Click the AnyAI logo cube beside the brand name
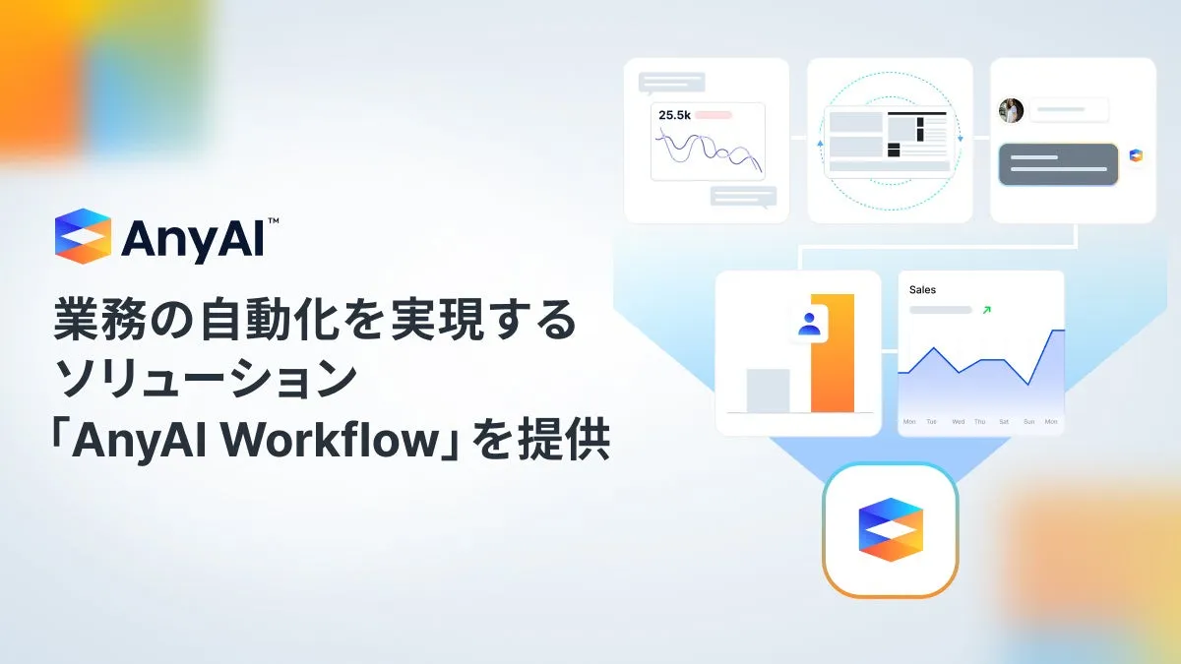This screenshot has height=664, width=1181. (83, 236)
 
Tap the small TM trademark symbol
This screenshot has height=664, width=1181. (274, 220)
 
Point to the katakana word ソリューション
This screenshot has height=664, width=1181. (206, 379)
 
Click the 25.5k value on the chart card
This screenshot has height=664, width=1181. (674, 115)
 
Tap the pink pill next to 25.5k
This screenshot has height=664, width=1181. (714, 115)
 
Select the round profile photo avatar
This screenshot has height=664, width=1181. (1012, 110)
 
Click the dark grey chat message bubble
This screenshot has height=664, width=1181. (1058, 164)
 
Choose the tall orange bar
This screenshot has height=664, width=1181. (833, 353)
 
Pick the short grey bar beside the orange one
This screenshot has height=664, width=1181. (769, 391)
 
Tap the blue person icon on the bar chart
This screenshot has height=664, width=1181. (809, 324)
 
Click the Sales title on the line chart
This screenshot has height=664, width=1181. (923, 290)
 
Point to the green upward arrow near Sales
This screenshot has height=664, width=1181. (987, 310)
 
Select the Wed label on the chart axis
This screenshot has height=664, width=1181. (958, 422)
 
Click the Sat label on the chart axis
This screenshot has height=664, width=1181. (1004, 422)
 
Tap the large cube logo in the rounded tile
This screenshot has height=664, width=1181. (891, 529)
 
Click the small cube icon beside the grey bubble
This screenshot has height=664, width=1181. (1136, 155)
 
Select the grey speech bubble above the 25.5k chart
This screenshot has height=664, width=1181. (671, 84)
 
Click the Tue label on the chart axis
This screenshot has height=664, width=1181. (932, 422)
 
